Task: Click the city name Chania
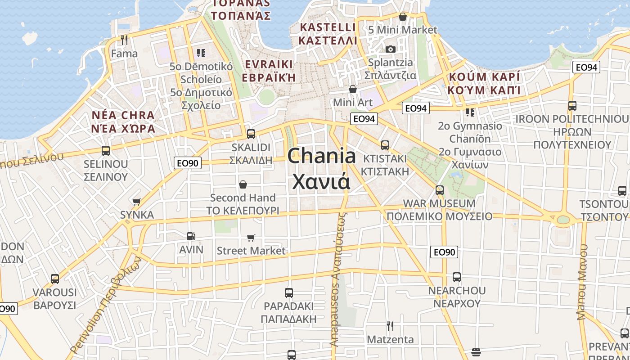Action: click(321, 157)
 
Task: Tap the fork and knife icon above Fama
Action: click(124, 40)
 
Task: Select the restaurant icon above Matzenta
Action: click(390, 326)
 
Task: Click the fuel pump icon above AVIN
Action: click(191, 236)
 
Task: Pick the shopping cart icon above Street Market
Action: click(251, 237)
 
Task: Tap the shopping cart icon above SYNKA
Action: click(137, 202)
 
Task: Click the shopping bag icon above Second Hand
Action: click(243, 184)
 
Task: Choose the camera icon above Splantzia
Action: click(390, 49)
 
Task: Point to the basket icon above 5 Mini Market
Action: click(403, 17)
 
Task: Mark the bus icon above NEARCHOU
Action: click(457, 277)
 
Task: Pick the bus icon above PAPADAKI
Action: click(289, 293)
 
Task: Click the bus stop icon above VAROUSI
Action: click(55, 279)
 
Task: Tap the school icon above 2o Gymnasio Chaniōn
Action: click(470, 112)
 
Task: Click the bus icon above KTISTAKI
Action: click(385, 145)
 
